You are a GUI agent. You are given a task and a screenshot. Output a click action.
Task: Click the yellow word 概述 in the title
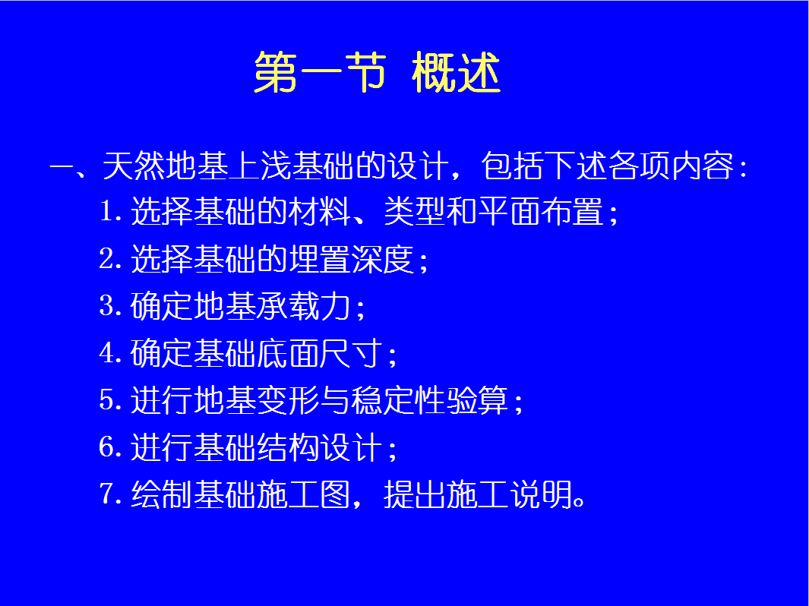point(456,72)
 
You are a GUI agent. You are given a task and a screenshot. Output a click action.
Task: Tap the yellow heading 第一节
point(320,72)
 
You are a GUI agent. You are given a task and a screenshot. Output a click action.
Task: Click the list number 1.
point(106,211)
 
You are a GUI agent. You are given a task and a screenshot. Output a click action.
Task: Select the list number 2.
point(106,258)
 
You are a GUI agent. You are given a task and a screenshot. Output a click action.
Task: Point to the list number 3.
point(106,305)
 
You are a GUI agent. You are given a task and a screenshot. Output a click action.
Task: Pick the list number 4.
point(106,353)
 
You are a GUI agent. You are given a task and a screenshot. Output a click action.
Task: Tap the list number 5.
point(106,399)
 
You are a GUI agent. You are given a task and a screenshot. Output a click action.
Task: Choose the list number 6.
point(106,447)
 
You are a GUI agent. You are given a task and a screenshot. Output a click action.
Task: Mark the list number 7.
point(106,494)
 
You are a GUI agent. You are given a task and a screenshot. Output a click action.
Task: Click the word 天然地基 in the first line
point(165,166)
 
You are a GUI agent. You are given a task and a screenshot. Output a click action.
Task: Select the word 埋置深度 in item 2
point(352,258)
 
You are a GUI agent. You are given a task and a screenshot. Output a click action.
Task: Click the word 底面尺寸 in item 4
point(320,353)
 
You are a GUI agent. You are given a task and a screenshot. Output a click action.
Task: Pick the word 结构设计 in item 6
point(320,447)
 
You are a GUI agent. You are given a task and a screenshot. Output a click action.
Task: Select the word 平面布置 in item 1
point(541,211)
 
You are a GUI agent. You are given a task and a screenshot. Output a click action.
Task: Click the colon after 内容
point(743,168)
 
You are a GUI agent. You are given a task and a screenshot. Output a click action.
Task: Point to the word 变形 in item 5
point(289,399)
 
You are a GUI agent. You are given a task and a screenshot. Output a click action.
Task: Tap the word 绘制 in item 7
point(162,494)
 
